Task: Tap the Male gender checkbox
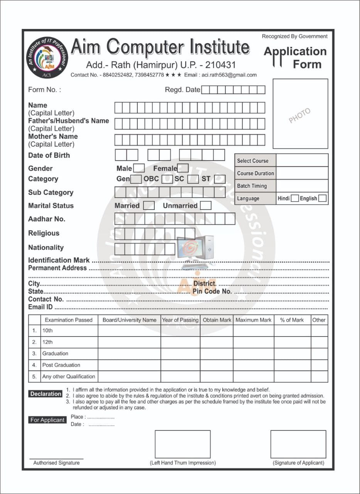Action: tap(139, 168)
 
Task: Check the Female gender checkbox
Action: tap(183, 168)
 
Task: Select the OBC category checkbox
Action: tap(167, 179)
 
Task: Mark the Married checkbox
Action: tap(149, 206)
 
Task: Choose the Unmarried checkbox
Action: tap(206, 206)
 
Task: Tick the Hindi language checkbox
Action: tap(295, 198)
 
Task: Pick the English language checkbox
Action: tap(323, 198)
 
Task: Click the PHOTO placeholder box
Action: tap(300, 114)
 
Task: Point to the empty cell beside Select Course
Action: tap(302, 161)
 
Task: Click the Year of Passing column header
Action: tap(180, 320)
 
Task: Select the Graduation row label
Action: tap(55, 354)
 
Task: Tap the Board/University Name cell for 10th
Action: tap(129, 331)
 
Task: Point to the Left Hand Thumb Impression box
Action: tap(183, 444)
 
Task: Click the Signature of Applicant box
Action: tap(298, 444)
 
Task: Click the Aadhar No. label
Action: tap(47, 219)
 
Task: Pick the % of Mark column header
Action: tap(292, 320)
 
